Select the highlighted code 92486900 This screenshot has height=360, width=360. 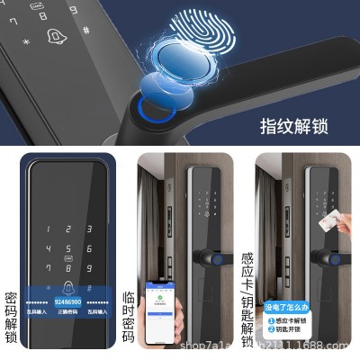click(67, 301)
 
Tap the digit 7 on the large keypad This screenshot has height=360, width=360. click(46, 270)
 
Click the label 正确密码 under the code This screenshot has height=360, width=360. click(67, 311)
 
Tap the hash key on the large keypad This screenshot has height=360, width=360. click(88, 290)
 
